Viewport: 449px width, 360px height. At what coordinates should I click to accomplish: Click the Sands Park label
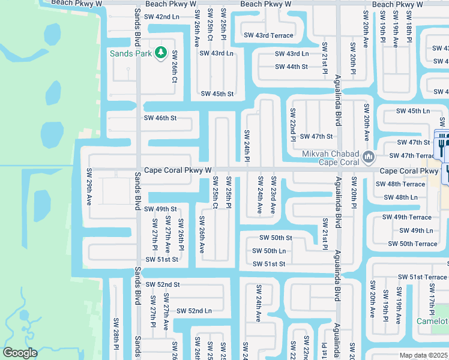point(130,53)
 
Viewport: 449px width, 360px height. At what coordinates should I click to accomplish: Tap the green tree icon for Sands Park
point(160,53)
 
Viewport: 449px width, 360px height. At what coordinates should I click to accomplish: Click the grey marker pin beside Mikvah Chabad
point(369,158)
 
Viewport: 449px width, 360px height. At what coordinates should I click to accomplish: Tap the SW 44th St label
point(291,67)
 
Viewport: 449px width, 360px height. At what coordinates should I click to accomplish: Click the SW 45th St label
point(217,94)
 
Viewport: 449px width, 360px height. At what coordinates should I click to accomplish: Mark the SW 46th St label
point(160,118)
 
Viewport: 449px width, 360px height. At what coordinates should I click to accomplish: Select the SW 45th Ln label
point(413,111)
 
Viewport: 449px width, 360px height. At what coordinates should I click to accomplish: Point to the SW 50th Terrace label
point(412,244)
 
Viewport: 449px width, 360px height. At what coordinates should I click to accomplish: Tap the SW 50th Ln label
point(268,251)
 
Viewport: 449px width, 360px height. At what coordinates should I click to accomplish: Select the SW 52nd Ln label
point(191,311)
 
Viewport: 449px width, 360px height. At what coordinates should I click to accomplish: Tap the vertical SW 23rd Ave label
point(273,194)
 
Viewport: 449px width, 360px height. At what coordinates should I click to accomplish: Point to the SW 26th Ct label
point(175,70)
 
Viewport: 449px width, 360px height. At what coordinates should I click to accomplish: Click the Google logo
point(20,353)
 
